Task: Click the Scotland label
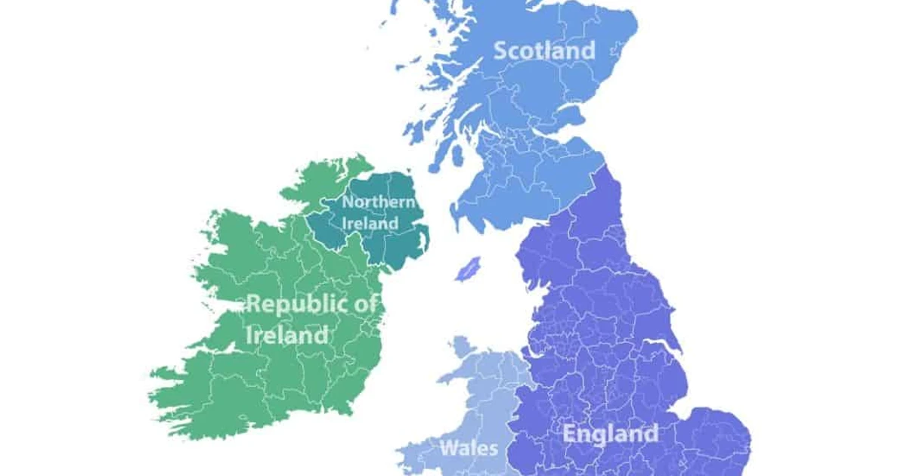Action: [x=544, y=51]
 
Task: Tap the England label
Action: [x=611, y=434]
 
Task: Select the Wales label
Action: [x=469, y=448]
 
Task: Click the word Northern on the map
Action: [x=378, y=202]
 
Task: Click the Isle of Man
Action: [x=468, y=267]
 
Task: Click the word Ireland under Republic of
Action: [x=288, y=335]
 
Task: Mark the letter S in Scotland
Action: [x=500, y=51]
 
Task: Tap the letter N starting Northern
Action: [x=348, y=202]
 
